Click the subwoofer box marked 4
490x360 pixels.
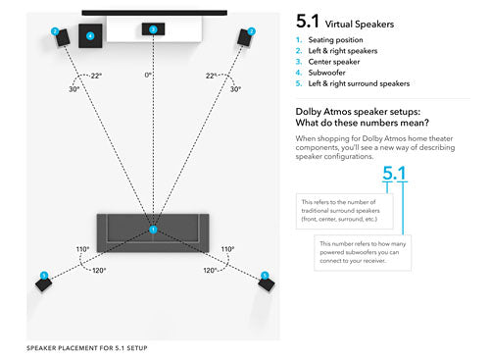91,36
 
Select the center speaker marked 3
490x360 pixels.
153,30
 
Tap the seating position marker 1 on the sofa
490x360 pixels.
153,229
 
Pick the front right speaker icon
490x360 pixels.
247,38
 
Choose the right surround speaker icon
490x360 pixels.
265,283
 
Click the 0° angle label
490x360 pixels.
149,75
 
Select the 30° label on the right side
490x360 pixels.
235,89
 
